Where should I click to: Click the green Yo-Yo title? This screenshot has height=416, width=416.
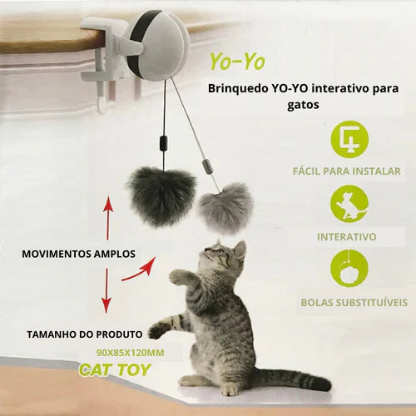pyautogui.click(x=237, y=61)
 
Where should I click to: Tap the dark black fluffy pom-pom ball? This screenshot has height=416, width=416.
pyautogui.click(x=161, y=196)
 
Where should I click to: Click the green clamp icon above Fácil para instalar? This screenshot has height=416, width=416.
pyautogui.click(x=349, y=139)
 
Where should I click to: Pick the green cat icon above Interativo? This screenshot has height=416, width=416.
pyautogui.click(x=349, y=204)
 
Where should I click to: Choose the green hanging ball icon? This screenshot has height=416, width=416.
pyautogui.click(x=349, y=269)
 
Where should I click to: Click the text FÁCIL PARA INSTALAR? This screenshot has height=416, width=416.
pyautogui.click(x=347, y=171)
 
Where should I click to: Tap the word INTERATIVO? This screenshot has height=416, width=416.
pyautogui.click(x=347, y=237)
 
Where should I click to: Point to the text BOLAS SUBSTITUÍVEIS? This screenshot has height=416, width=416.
pyautogui.click(x=354, y=302)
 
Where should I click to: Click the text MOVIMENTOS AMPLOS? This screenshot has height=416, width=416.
pyautogui.click(x=79, y=254)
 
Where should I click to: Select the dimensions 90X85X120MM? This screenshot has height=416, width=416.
pyautogui.click(x=130, y=353)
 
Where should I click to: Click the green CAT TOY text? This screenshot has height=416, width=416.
pyautogui.click(x=115, y=369)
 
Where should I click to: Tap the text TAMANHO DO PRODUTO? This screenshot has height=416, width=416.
pyautogui.click(x=85, y=334)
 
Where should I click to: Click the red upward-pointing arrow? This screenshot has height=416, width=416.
pyautogui.click(x=108, y=218)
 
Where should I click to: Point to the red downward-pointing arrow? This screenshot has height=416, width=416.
pyautogui.click(x=106, y=290)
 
